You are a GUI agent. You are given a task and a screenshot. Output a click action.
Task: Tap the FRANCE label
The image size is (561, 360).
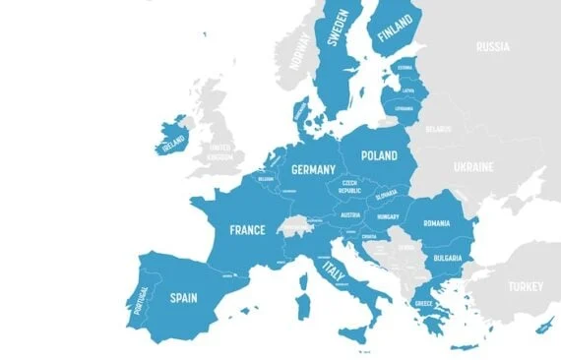click(x=247, y=230)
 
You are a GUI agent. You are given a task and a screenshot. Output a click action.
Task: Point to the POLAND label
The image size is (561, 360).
click(x=379, y=155)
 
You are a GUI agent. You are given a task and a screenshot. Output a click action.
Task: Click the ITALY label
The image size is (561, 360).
click(x=335, y=270)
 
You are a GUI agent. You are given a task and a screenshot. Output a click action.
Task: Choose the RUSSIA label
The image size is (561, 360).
click(x=492, y=46)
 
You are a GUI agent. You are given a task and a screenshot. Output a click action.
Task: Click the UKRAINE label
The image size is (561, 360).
click(x=472, y=167)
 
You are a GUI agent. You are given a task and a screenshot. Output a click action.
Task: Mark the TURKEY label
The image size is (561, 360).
click(x=525, y=286)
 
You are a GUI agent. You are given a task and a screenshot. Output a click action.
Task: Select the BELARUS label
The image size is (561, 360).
click(x=438, y=129)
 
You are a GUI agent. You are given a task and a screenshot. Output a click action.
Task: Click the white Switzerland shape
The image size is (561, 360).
click(x=289, y=228)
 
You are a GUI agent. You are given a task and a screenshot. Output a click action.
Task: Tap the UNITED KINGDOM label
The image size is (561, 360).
click(x=219, y=152)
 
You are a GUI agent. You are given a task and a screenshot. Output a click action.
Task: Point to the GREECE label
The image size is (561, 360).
click(x=423, y=304)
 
